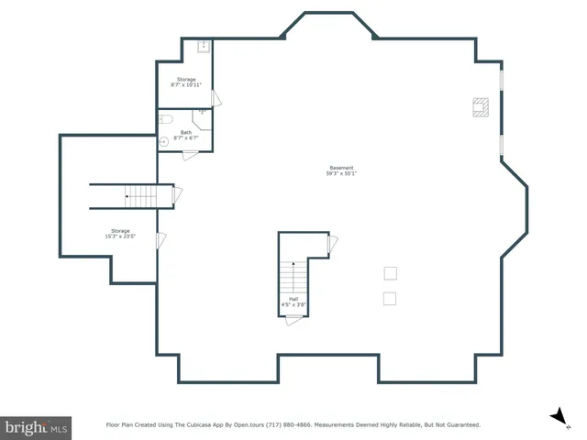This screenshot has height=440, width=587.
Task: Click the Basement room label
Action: click(x=341, y=170)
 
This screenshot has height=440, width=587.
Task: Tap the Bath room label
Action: click(x=186, y=135)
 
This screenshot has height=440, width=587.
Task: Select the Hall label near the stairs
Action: click(x=293, y=301)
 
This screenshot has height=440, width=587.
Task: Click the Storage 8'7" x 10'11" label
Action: click(x=186, y=82)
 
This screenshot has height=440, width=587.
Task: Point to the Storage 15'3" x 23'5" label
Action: click(x=120, y=233)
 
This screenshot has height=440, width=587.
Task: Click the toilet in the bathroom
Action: click(x=166, y=119)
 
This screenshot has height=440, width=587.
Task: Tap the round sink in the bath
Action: click(x=164, y=142)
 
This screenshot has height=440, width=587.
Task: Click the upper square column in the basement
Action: click(x=390, y=273)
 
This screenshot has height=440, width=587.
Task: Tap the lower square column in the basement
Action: click(x=390, y=298)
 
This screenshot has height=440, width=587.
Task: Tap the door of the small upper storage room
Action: click(x=216, y=98)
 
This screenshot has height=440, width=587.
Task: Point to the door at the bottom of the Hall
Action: click(x=293, y=320)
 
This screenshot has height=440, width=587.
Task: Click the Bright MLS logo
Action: click(x=36, y=427)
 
